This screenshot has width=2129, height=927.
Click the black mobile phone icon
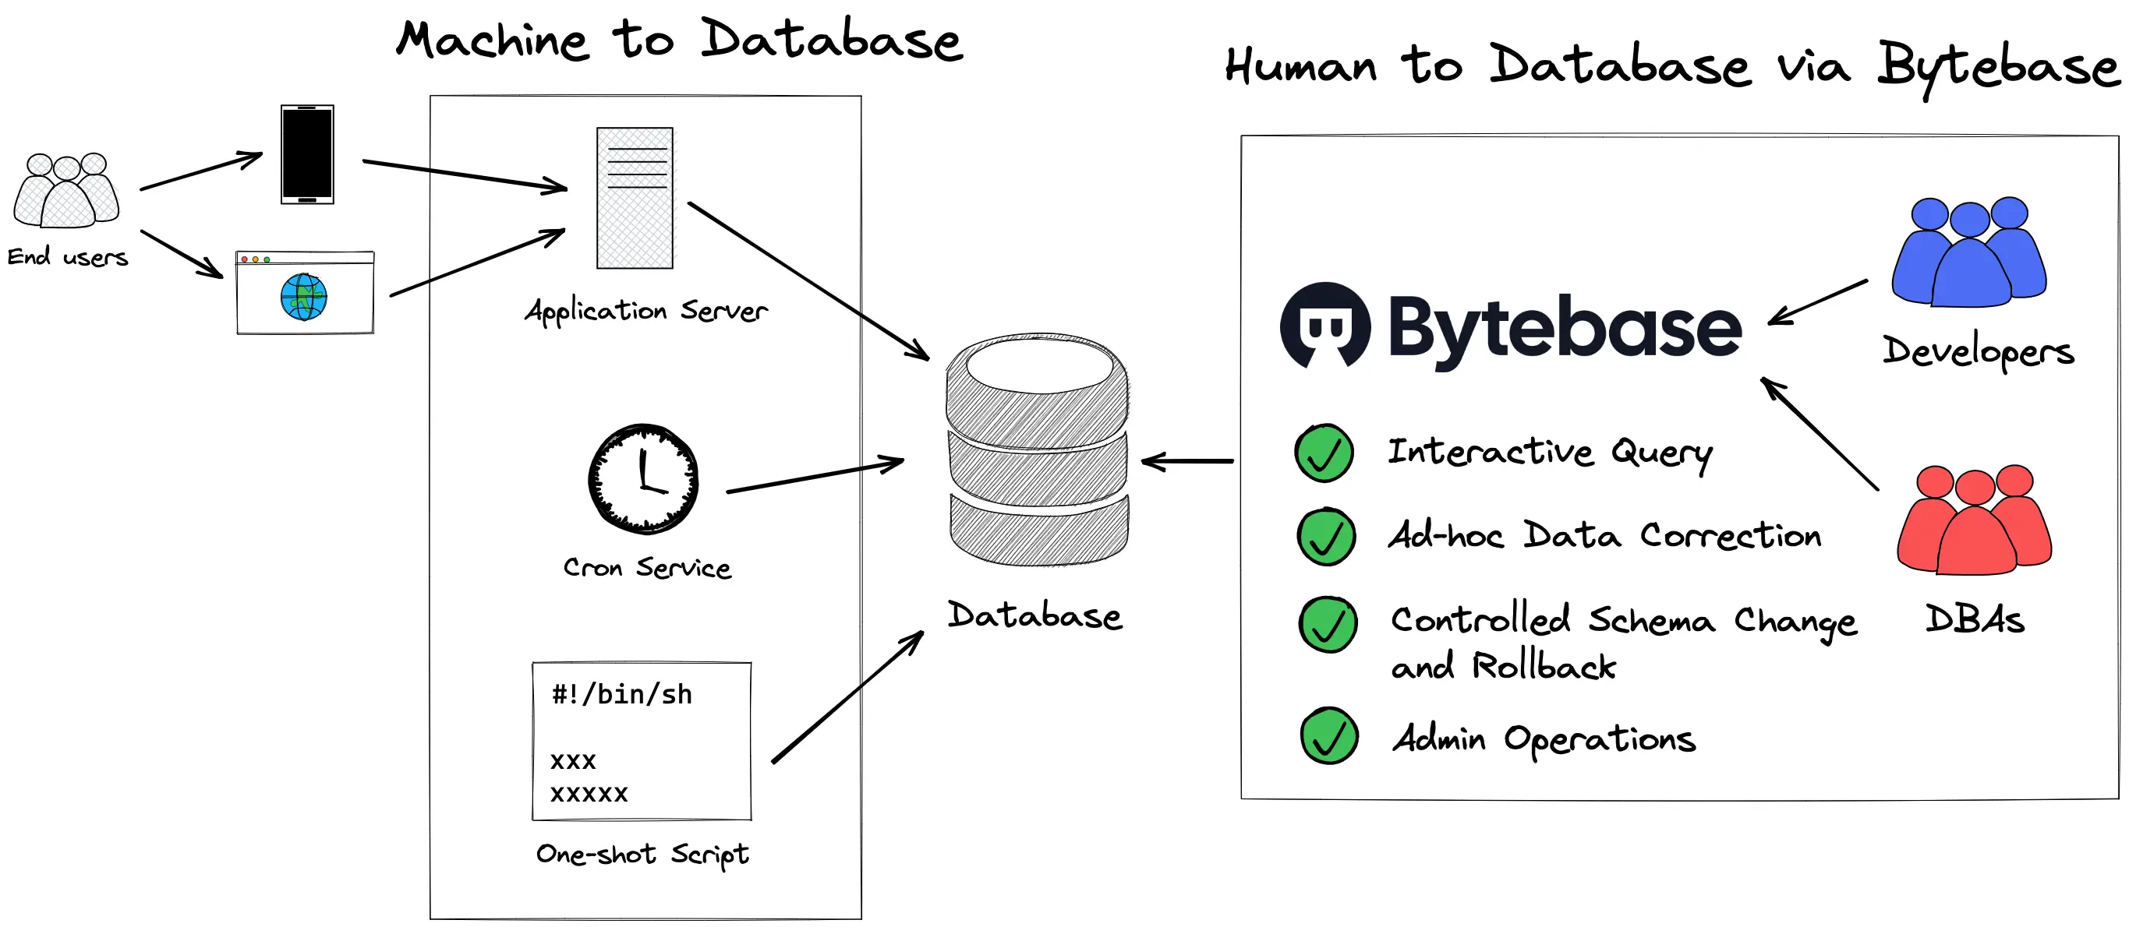(x=307, y=154)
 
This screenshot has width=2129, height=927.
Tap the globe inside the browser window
(x=303, y=298)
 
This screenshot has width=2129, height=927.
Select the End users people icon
(x=67, y=191)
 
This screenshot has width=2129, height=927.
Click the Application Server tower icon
(x=635, y=199)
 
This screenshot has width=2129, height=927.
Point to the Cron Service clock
(x=643, y=479)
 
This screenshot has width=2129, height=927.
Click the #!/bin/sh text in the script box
(x=621, y=695)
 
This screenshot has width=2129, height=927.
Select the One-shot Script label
(x=642, y=855)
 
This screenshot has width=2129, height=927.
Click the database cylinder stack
(x=1038, y=450)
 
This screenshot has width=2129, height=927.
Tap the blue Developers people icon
(x=1968, y=252)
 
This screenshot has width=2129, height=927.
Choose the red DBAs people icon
(x=1974, y=520)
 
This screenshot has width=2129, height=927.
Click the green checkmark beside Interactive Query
(x=1324, y=453)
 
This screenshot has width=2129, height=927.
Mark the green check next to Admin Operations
(x=1329, y=735)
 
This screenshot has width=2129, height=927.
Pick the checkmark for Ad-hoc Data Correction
(x=1326, y=537)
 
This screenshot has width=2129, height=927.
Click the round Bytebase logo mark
(x=1324, y=326)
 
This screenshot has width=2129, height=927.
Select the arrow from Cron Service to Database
(x=815, y=477)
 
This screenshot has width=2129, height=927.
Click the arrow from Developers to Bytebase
(x=1818, y=302)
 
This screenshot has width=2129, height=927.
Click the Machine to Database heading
(x=679, y=40)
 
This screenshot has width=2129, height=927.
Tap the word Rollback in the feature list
(x=1544, y=667)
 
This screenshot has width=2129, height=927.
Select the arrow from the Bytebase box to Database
(x=1187, y=461)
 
